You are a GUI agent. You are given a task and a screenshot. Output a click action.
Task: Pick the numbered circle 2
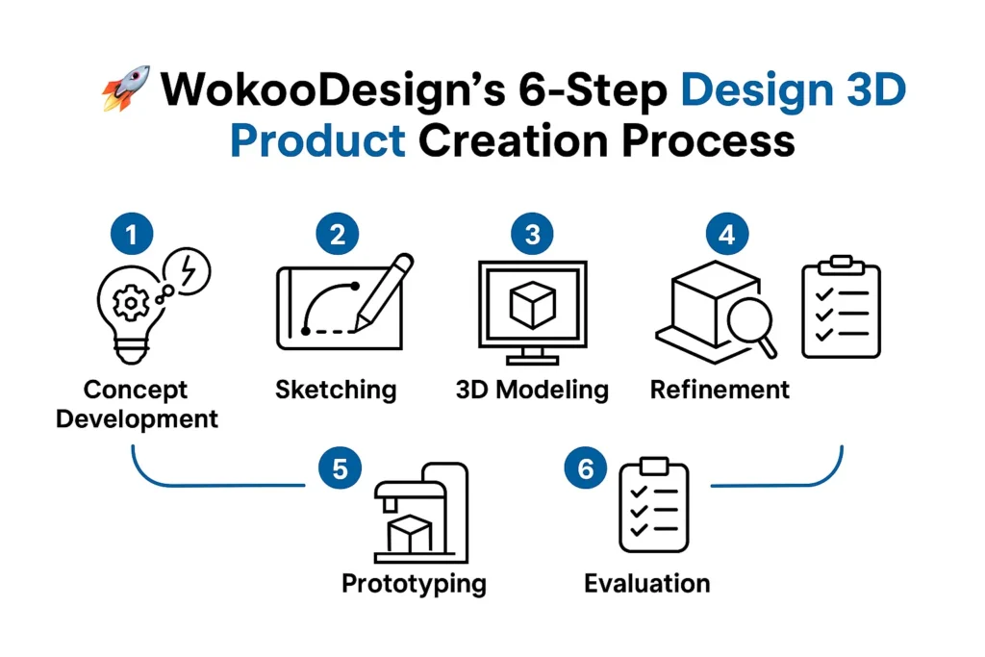coord(338,234)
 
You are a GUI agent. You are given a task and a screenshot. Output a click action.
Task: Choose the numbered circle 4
coord(726,234)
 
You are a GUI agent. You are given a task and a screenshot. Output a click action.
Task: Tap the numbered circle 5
coord(339,468)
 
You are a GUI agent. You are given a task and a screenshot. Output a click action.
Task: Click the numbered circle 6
coord(587,468)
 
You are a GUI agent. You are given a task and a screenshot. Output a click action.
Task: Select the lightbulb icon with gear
coord(129,312)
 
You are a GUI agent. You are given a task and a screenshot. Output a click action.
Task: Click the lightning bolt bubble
coord(189,272)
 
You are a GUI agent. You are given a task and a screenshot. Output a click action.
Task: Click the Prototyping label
coord(414,584)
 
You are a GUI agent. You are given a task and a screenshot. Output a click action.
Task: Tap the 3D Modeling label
coord(532,390)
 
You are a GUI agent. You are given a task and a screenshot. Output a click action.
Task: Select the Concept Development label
coord(136,404)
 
